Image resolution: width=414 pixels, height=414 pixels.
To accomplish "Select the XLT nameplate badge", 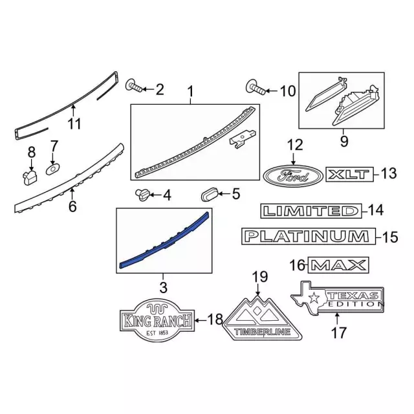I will [x=350, y=174].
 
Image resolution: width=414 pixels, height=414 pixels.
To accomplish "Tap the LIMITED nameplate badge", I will [x=310, y=211].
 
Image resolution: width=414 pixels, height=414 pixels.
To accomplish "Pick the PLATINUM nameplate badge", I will [x=308, y=237].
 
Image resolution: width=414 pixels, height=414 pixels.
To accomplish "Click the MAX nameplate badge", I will [x=338, y=265].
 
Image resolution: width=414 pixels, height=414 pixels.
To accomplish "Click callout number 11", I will [x=75, y=122].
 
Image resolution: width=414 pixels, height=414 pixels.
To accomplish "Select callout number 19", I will [x=259, y=278].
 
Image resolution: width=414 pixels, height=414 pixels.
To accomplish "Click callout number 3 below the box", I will [x=163, y=286].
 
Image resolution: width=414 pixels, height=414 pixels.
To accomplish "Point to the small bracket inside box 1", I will [x=243, y=140].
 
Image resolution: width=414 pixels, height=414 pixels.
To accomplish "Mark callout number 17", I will [x=338, y=333].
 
